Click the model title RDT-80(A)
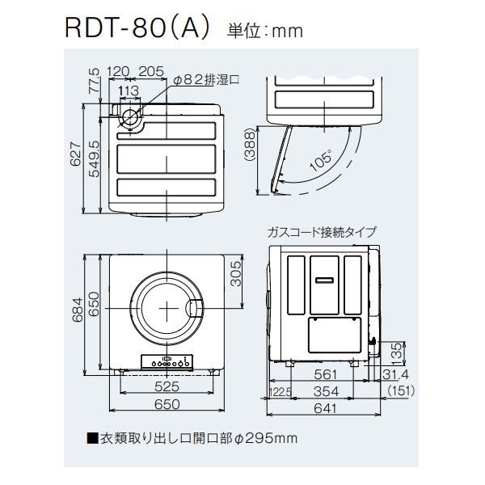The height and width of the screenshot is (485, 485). [137, 29]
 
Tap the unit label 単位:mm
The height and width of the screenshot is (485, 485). [265, 32]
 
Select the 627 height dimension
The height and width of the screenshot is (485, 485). [76, 154]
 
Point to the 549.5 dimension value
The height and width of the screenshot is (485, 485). [95, 158]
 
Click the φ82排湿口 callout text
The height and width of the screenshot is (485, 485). [206, 80]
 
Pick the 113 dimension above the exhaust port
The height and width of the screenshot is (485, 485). [129, 91]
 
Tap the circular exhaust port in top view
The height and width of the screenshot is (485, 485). [130, 117]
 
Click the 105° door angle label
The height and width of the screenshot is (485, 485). [322, 160]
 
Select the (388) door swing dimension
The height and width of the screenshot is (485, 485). [250, 145]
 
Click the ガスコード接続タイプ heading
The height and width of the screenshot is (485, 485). [322, 232]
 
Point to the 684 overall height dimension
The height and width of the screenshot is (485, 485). [78, 310]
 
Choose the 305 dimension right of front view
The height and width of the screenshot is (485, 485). [236, 273]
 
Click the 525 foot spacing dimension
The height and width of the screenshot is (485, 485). [167, 386]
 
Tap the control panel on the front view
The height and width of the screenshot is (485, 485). [167, 361]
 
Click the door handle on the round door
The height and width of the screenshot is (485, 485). [195, 309]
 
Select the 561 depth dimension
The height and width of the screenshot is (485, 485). [325, 374]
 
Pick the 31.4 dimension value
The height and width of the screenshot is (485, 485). [395, 374]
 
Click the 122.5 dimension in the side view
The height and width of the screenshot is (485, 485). [280, 393]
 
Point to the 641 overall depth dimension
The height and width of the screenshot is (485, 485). [325, 408]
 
